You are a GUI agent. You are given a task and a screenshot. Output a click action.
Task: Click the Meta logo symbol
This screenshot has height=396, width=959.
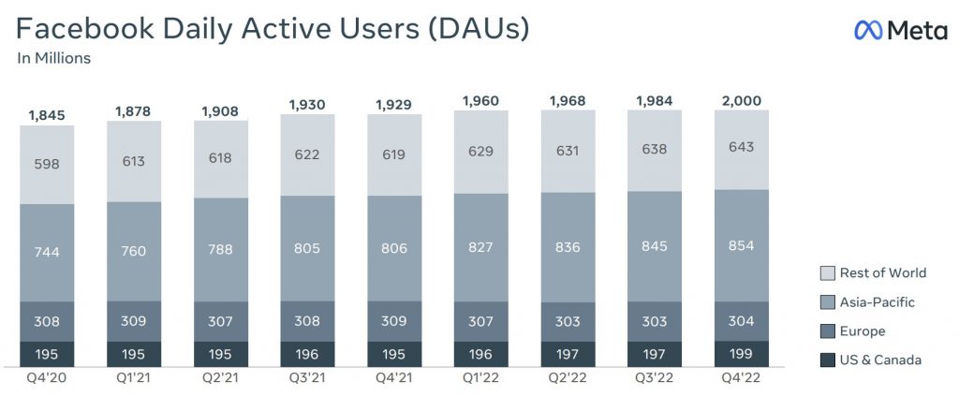(867, 31)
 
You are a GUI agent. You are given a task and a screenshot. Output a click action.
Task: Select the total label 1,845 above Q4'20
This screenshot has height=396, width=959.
(47, 116)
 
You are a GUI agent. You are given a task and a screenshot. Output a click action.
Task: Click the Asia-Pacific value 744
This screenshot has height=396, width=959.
(47, 252)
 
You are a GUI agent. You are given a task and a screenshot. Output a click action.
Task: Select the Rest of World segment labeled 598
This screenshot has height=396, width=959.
(47, 163)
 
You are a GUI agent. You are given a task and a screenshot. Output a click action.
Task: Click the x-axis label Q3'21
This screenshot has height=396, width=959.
(307, 379)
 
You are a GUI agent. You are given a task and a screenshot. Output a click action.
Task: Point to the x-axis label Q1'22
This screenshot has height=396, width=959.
(480, 379)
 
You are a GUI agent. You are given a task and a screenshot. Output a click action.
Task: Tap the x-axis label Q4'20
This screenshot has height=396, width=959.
(47, 379)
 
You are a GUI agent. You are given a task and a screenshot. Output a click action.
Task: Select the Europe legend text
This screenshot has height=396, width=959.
(863, 331)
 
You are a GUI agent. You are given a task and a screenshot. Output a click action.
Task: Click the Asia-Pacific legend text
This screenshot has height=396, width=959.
(878, 302)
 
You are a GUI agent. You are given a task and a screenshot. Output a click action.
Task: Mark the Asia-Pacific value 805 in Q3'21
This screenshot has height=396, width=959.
(307, 248)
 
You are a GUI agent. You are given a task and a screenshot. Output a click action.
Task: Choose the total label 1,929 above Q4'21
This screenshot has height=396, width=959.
(393, 105)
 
